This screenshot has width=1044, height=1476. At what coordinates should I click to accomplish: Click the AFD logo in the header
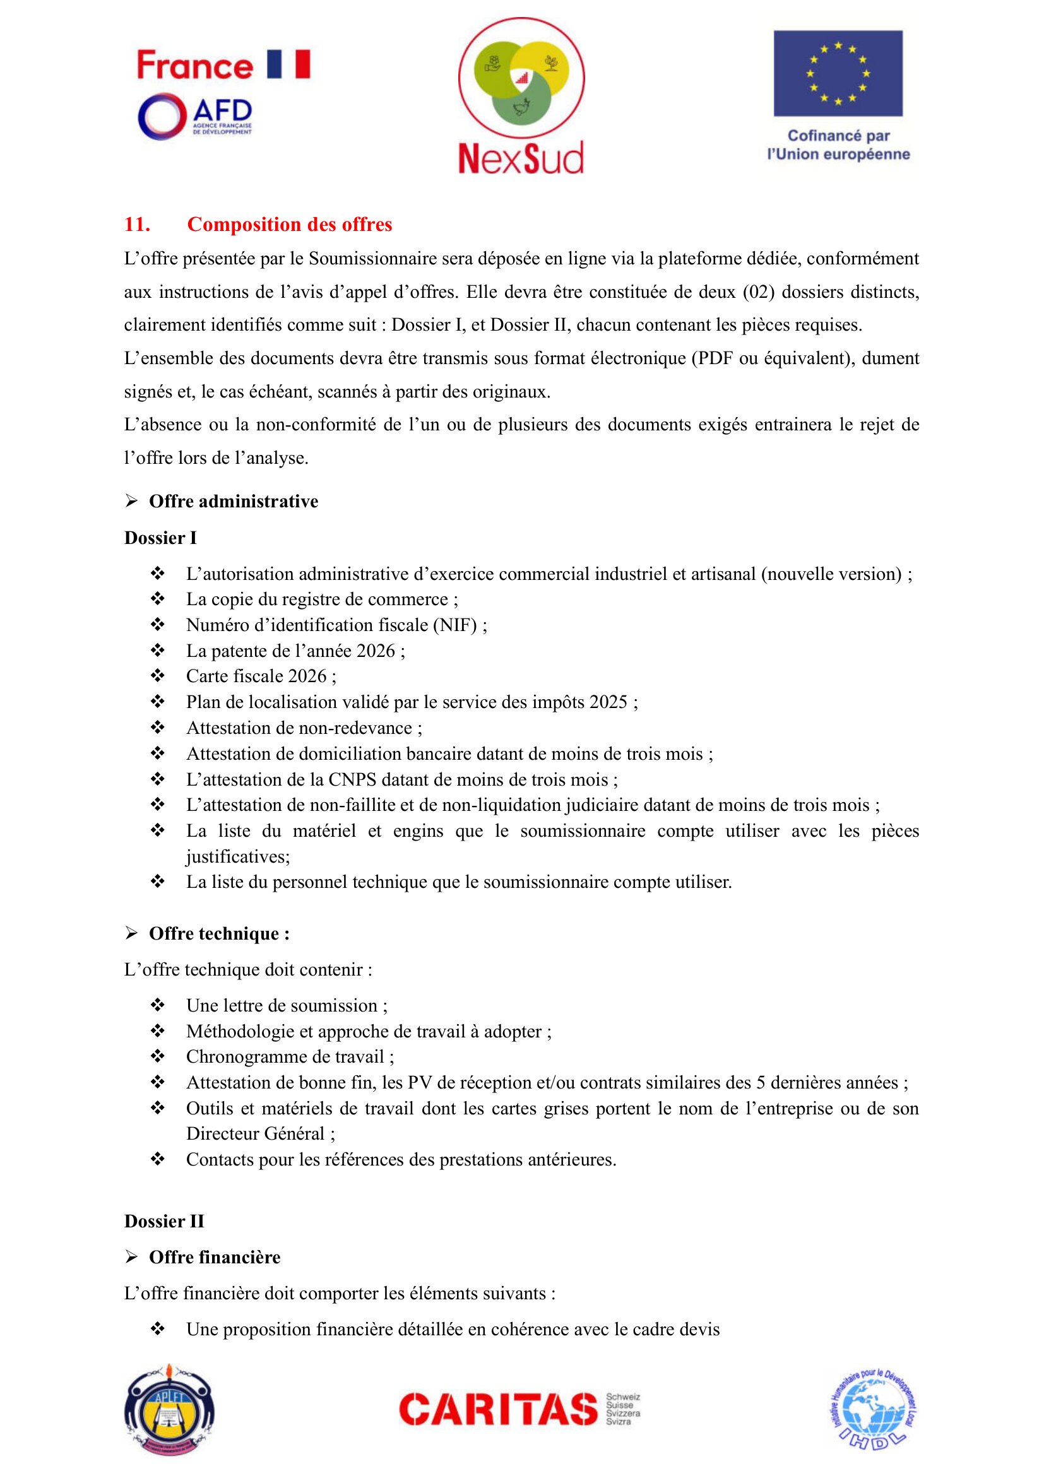[195, 116]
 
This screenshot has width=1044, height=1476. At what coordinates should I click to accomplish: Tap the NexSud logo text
[521, 158]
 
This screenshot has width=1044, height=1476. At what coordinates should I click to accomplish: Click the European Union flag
[838, 73]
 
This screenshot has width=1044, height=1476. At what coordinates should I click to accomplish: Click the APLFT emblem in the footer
[169, 1410]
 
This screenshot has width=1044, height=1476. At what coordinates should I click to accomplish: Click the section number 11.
[137, 225]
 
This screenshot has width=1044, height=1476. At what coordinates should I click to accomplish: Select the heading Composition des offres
[289, 225]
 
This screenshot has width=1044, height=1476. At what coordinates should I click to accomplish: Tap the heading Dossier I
[161, 538]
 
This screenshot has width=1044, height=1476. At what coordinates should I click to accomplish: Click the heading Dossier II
[164, 1221]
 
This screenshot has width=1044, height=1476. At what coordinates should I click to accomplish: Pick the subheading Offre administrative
[234, 502]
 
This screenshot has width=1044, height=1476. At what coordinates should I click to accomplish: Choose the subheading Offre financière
[215, 1257]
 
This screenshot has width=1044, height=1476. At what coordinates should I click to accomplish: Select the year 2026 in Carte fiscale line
[307, 676]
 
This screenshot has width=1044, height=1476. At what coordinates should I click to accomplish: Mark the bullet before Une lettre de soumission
[158, 1005]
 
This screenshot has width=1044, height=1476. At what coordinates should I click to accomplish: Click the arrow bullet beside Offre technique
[132, 933]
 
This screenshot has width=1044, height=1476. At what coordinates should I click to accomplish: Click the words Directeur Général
[255, 1133]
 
